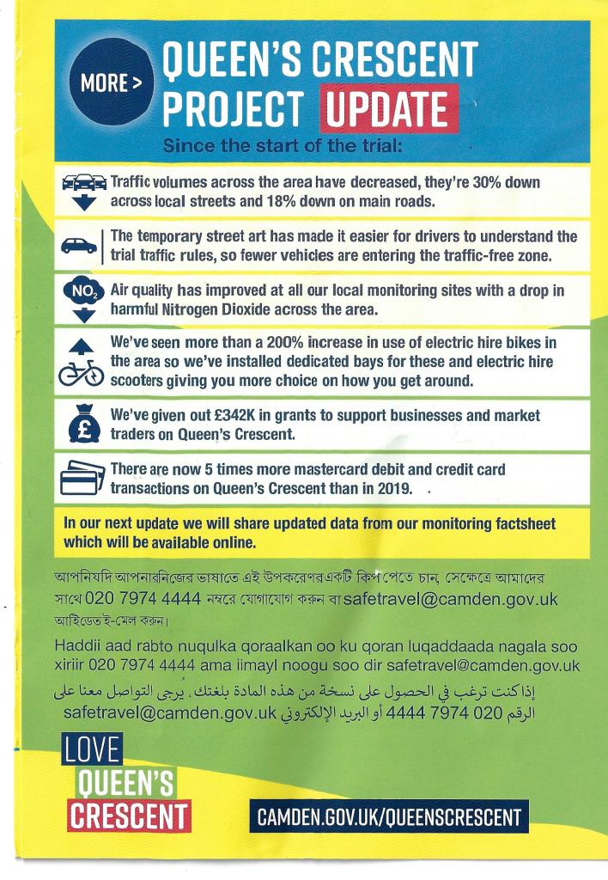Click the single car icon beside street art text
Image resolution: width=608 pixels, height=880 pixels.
pos(79,245)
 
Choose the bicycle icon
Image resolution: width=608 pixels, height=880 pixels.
pos(82,373)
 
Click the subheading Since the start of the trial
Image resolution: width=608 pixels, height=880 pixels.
pos(283,145)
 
